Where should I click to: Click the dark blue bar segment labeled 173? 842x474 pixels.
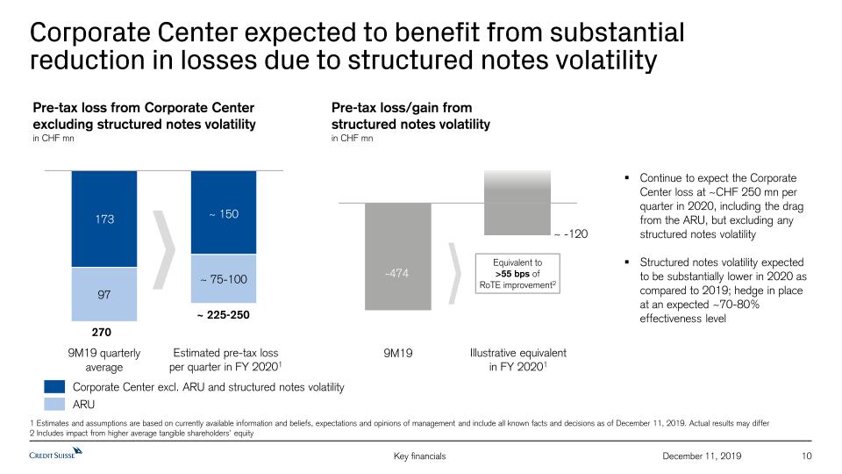[x=103, y=219]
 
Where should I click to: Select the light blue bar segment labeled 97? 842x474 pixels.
[x=103, y=295]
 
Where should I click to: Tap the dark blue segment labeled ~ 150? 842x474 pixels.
[x=224, y=212]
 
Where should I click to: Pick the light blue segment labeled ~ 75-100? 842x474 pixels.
[x=224, y=279]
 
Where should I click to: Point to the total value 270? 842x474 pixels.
[x=103, y=333]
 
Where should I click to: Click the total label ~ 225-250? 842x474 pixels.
[x=224, y=313]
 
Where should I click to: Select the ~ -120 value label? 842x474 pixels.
[x=570, y=234]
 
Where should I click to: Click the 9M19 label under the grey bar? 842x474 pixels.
[x=397, y=353]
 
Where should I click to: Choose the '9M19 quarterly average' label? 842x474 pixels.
[x=103, y=359]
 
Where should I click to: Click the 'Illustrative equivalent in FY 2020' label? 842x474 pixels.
[x=517, y=359]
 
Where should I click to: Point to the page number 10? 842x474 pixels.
[x=808, y=456]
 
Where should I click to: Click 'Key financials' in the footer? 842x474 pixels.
[x=421, y=456]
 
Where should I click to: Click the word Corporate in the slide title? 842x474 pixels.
[x=90, y=32]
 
